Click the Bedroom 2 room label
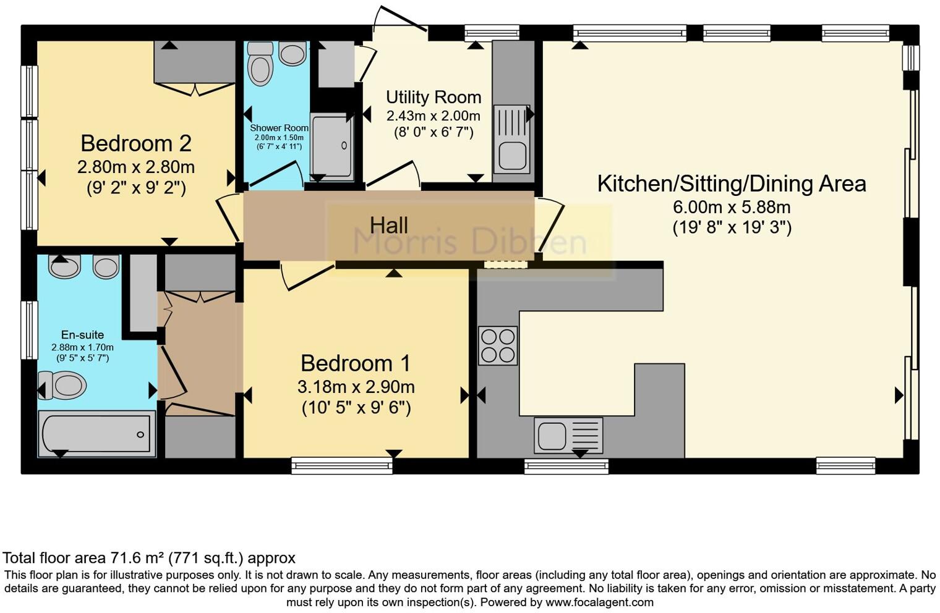pos(136,144)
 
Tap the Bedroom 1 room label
pos(356,363)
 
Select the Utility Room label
pos(434,97)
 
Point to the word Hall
pos(388,226)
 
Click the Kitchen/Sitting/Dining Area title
pos(732,184)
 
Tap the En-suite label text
pos(82,334)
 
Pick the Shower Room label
pos(279,128)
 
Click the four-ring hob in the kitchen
pos(498,345)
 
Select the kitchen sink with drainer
pos(568,435)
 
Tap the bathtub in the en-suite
pos(97,434)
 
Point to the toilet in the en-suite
pos(62,385)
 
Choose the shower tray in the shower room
pos(331,146)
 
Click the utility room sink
pos(512,139)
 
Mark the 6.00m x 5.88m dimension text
pos(732,207)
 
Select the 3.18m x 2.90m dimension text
pos(356,387)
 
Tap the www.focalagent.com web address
pos(599,602)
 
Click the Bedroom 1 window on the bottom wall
pos(342,466)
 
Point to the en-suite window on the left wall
pos(30,330)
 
